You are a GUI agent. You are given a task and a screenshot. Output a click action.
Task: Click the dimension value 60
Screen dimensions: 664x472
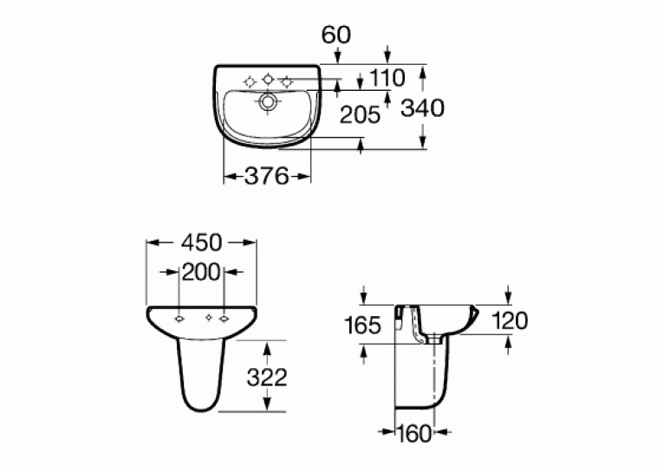point(336,35)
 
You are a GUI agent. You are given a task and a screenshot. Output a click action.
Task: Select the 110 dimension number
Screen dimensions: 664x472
point(387,78)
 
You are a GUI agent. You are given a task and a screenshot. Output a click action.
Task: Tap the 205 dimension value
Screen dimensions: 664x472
point(361,114)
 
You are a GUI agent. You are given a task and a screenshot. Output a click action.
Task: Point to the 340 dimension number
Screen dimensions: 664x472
point(423,108)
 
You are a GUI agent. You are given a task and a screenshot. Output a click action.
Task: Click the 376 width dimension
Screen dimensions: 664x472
point(267,176)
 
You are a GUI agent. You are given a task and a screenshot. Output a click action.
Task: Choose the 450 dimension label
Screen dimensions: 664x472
point(201,242)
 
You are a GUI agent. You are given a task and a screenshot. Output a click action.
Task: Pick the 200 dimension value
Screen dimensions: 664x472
point(201,272)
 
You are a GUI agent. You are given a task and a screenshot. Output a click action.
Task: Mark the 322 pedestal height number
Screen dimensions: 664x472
point(267,378)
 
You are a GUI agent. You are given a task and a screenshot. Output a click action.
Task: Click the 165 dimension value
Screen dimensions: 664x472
point(363,326)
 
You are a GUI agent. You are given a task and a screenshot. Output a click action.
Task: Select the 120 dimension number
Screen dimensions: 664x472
point(510,320)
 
